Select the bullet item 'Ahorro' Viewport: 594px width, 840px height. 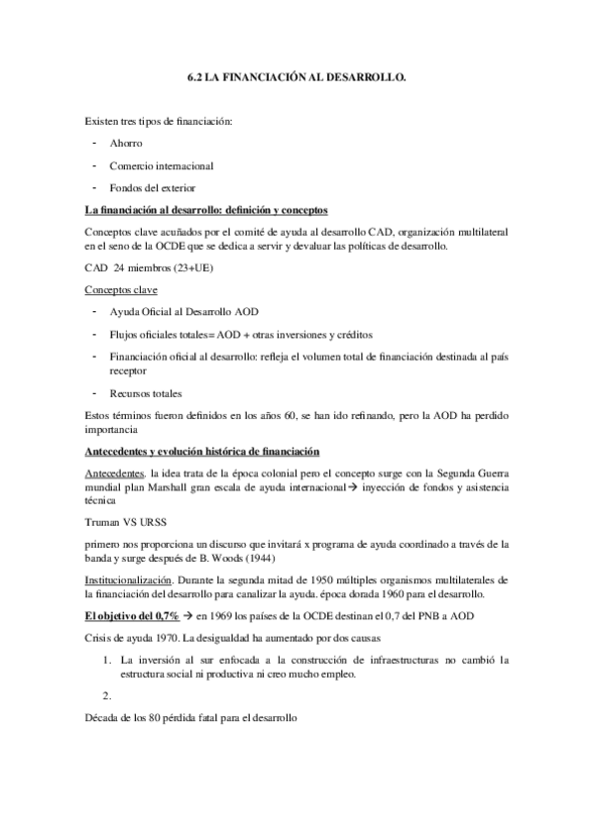tap(126, 144)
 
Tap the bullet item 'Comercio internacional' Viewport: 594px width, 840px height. tap(162, 165)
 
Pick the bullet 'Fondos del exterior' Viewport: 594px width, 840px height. tap(153, 188)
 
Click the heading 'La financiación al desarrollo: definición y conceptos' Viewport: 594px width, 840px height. tap(207, 211)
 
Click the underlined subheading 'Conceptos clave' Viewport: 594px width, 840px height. tap(123, 291)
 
